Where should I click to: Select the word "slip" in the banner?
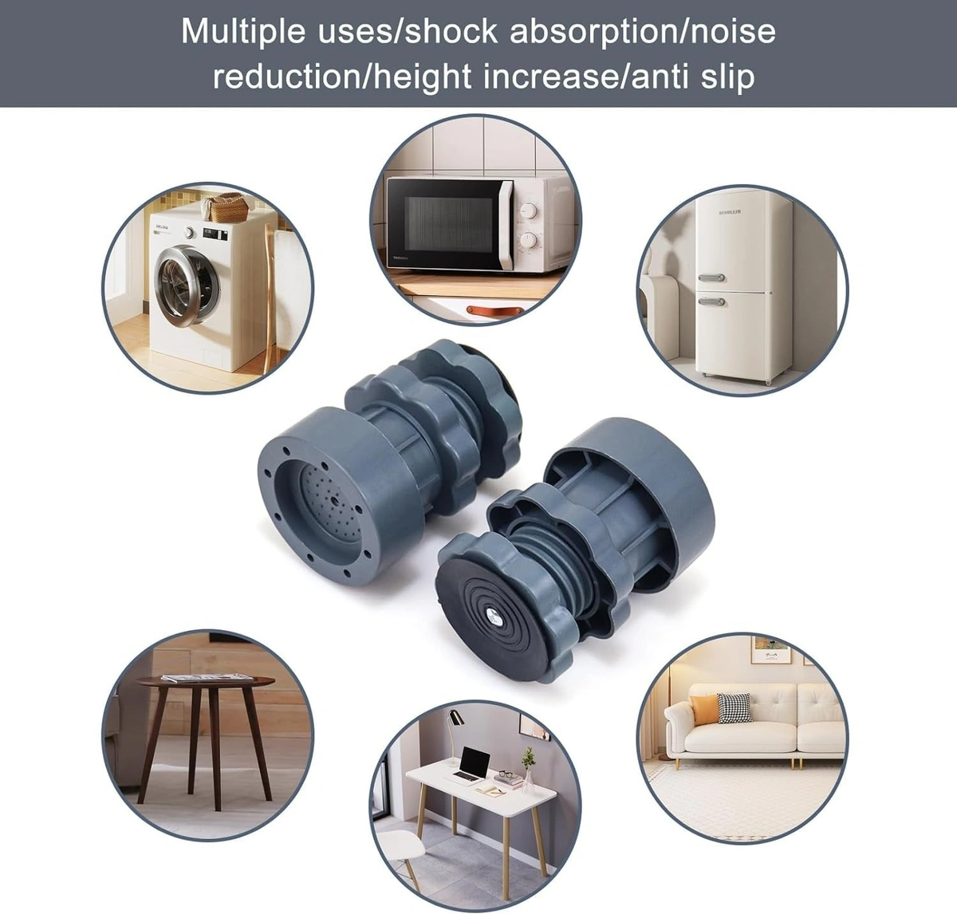pyautogui.click(x=725, y=77)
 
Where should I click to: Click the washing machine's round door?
pyautogui.click(x=187, y=285)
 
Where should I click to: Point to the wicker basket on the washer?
pyautogui.click(x=229, y=208)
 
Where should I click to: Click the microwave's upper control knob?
pyautogui.click(x=527, y=210)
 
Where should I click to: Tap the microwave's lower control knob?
pyautogui.click(x=527, y=240)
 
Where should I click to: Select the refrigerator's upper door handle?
pyautogui.click(x=711, y=278)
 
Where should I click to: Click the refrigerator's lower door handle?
pyautogui.click(x=711, y=301)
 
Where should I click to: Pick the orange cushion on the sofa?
pyautogui.click(x=703, y=709)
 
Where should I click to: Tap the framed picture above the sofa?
pyautogui.click(x=770, y=649)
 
